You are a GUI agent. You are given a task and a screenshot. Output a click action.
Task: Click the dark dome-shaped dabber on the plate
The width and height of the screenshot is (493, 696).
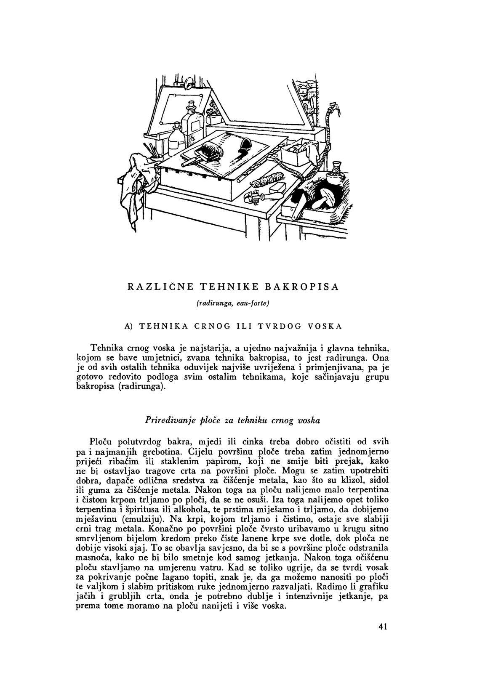point(245,147)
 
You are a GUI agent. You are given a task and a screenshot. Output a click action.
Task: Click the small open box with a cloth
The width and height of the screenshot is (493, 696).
point(298,154)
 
